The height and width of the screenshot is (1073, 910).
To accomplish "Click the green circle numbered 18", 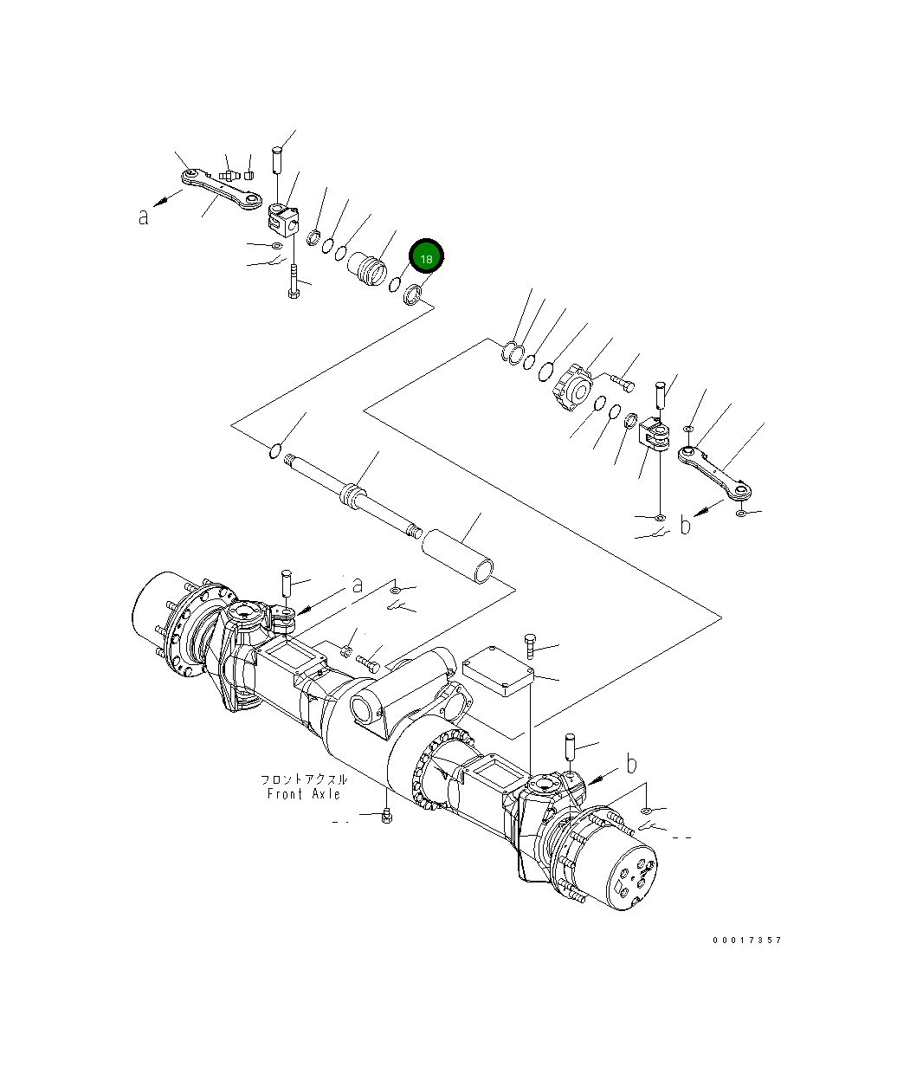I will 425,258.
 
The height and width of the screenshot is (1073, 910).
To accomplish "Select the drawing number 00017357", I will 746,940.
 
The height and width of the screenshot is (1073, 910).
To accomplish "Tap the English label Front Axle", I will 303,794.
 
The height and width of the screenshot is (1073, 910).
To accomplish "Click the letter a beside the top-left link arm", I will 144,217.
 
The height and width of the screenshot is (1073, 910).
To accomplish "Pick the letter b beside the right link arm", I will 686,525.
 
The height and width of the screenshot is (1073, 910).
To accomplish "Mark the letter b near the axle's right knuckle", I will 631,764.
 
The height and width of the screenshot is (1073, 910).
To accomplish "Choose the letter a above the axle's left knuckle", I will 357,585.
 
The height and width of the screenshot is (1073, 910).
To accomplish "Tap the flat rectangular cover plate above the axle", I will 498,670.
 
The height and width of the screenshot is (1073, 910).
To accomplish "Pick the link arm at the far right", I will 718,472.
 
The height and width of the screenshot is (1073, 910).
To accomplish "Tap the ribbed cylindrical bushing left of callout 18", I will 367,267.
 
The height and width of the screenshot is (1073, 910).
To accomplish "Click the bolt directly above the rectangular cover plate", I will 529,645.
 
